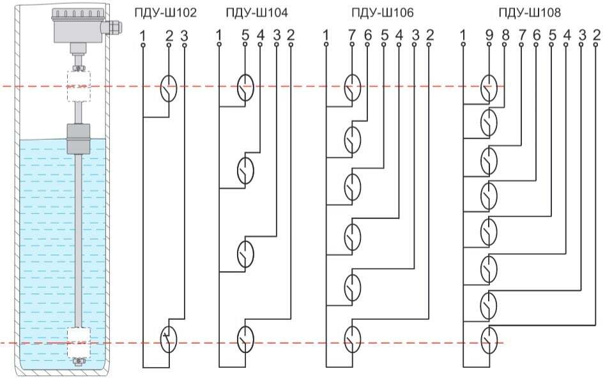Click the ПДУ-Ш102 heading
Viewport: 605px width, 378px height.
pyautogui.click(x=165, y=12)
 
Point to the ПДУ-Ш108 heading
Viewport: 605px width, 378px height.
pyautogui.click(x=529, y=12)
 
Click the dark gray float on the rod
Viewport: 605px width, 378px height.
pyautogui.click(x=80, y=139)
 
